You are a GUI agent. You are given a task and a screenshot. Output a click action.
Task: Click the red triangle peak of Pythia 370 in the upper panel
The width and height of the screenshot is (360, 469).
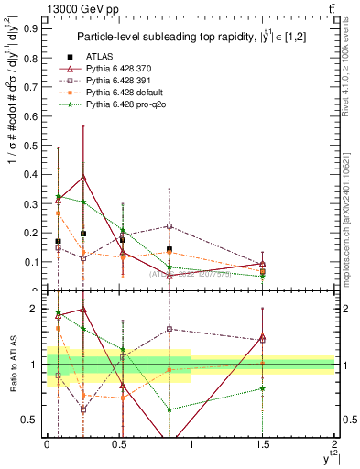[83, 178]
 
